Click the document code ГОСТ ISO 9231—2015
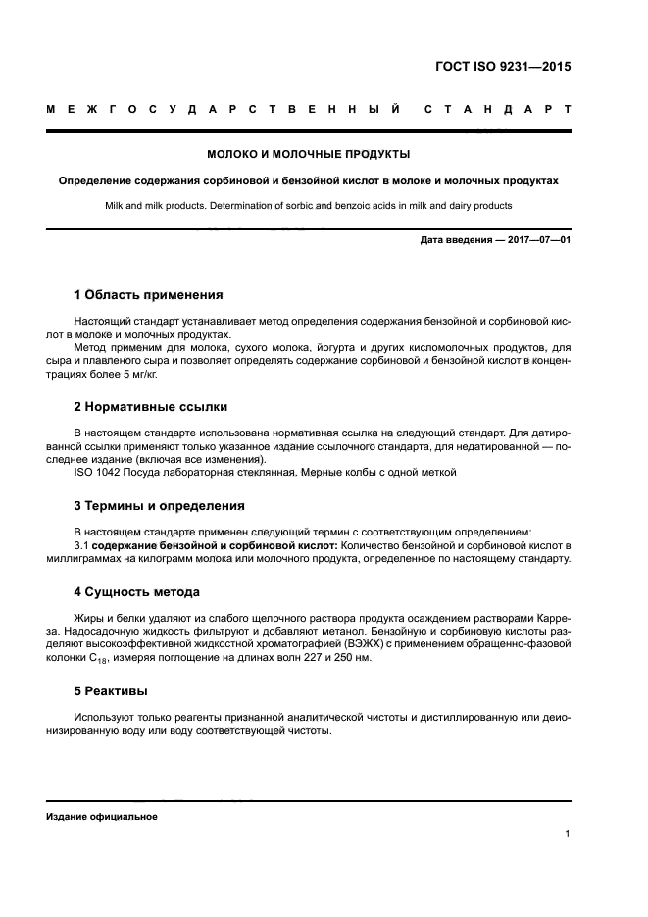coord(502,68)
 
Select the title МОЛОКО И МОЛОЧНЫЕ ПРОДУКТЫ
coord(309,155)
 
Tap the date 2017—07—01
coord(537,239)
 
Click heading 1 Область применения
coord(148,294)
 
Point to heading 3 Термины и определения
coord(159,506)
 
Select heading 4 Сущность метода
coord(137,592)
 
